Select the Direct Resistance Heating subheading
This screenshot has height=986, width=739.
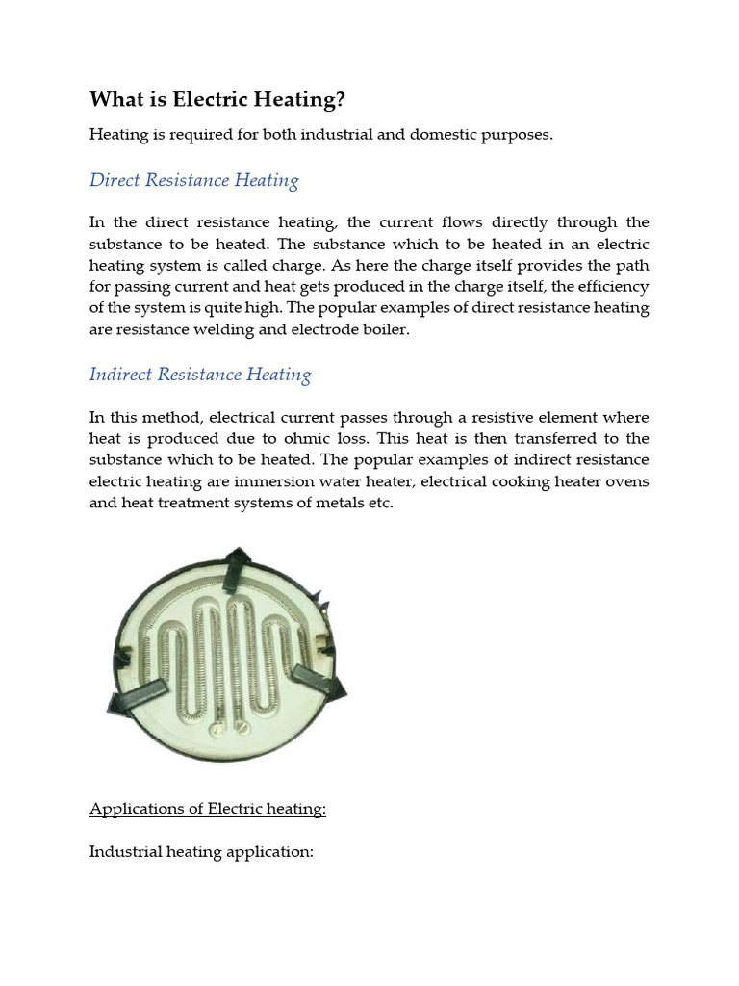pyautogui.click(x=193, y=180)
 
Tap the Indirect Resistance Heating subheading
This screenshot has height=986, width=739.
pyautogui.click(x=200, y=375)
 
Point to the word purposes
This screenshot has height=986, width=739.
pyautogui.click(x=521, y=134)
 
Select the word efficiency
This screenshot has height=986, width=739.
pyautogui.click(x=614, y=287)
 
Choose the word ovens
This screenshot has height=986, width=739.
pyautogui.click(x=627, y=481)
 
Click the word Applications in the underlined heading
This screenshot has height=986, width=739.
pyautogui.click(x=134, y=808)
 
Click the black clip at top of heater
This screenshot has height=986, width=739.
pyautogui.click(x=234, y=569)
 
